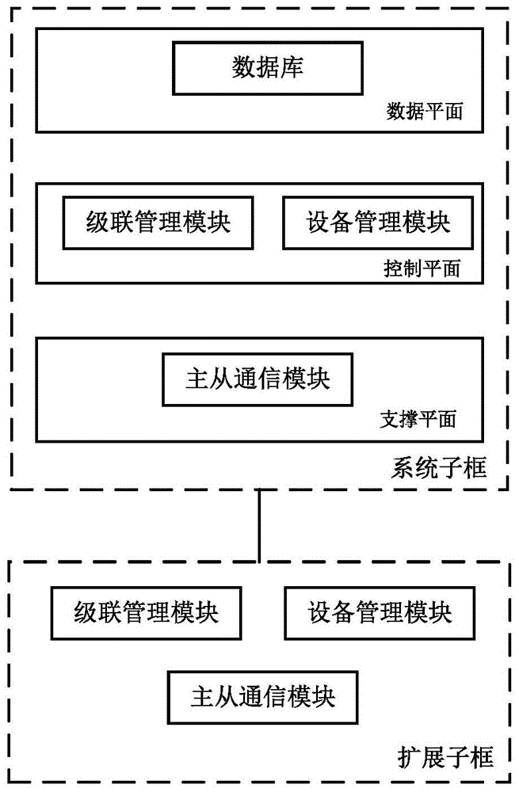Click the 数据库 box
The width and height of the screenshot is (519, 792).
[267, 67]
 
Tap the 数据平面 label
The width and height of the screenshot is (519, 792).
[424, 112]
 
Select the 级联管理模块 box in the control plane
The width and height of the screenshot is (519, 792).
[158, 222]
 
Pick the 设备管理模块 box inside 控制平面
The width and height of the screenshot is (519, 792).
[378, 222]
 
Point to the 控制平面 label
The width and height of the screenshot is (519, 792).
[421, 268]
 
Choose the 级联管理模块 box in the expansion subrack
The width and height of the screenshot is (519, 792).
[147, 612]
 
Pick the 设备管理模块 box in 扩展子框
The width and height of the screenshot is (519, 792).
[380, 612]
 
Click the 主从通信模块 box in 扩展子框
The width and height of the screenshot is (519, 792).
[263, 696]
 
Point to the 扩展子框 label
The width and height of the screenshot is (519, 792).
[444, 758]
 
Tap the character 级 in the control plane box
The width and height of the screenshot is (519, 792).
[97, 222]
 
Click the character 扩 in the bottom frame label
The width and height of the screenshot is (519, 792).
[407, 758]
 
